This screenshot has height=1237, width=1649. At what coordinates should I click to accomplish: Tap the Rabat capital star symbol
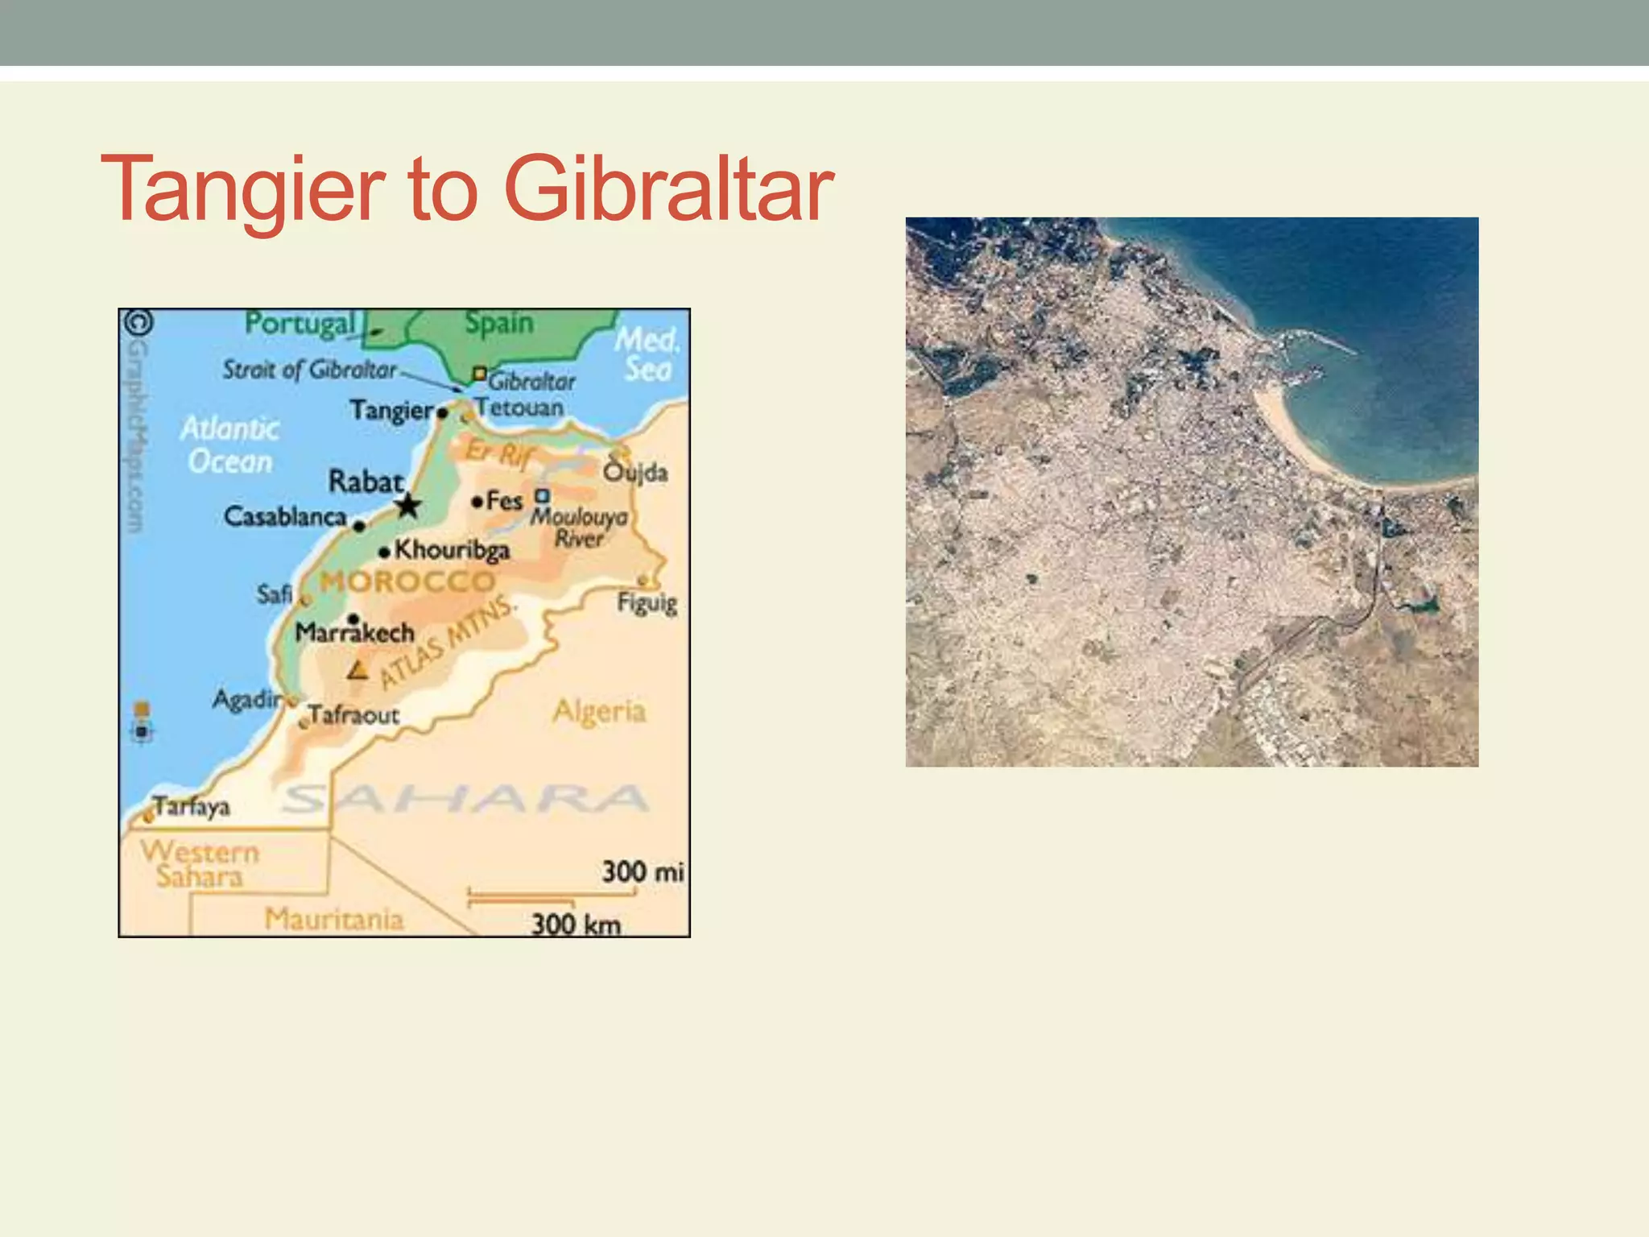click(408, 506)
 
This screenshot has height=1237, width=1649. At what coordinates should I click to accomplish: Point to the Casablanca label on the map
click(285, 516)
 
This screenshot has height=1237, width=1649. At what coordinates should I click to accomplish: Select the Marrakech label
click(354, 632)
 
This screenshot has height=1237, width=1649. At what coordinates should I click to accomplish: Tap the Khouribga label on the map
click(452, 550)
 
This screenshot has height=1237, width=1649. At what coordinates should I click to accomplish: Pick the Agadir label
click(246, 698)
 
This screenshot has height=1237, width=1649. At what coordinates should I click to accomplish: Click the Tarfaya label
click(192, 806)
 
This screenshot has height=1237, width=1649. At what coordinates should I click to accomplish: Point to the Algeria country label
click(599, 711)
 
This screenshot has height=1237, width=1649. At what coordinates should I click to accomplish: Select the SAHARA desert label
click(465, 799)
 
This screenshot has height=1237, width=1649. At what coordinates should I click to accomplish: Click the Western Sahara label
click(200, 864)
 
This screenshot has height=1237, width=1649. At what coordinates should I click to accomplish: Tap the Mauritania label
click(333, 919)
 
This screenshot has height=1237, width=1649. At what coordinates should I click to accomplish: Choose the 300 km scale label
click(576, 924)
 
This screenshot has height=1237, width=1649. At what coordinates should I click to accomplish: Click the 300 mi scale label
click(643, 871)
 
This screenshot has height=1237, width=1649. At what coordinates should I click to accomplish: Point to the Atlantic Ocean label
click(230, 445)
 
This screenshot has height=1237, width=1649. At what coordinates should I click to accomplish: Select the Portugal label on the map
click(300, 324)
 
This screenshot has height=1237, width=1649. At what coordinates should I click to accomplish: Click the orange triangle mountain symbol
click(358, 669)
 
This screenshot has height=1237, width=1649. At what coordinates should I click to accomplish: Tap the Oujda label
click(635, 472)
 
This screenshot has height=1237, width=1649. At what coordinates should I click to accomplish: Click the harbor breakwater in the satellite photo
click(1320, 341)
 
